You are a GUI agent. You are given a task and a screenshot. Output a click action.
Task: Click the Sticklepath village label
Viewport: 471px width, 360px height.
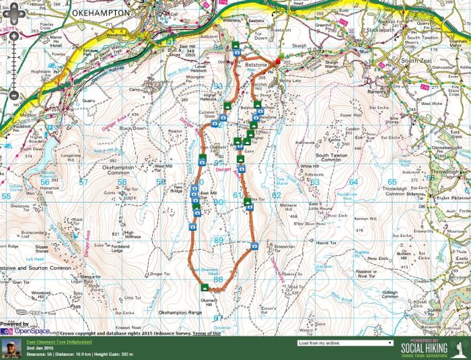pos(378,31)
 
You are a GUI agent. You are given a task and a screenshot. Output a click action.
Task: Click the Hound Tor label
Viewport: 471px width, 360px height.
pos(326,242)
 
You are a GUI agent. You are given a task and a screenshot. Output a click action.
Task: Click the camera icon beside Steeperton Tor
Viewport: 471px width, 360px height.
pos(255,247)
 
